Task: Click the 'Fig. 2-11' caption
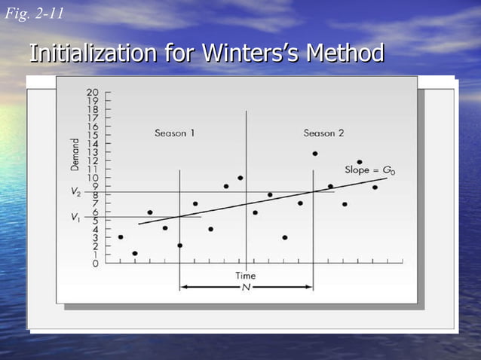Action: tap(34, 14)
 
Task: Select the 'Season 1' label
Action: tap(175, 133)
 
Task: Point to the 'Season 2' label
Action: tap(323, 133)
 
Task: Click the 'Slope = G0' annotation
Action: tap(369, 170)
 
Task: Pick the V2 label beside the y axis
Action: tap(75, 192)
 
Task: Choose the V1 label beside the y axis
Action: tap(75, 217)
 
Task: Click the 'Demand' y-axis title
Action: tap(76, 154)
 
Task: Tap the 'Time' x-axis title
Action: tap(245, 276)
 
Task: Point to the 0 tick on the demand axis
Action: tap(96, 264)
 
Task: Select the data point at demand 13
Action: tap(314, 154)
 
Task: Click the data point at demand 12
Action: tap(359, 162)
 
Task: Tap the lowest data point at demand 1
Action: tap(135, 254)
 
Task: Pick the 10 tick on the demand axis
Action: tap(93, 178)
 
